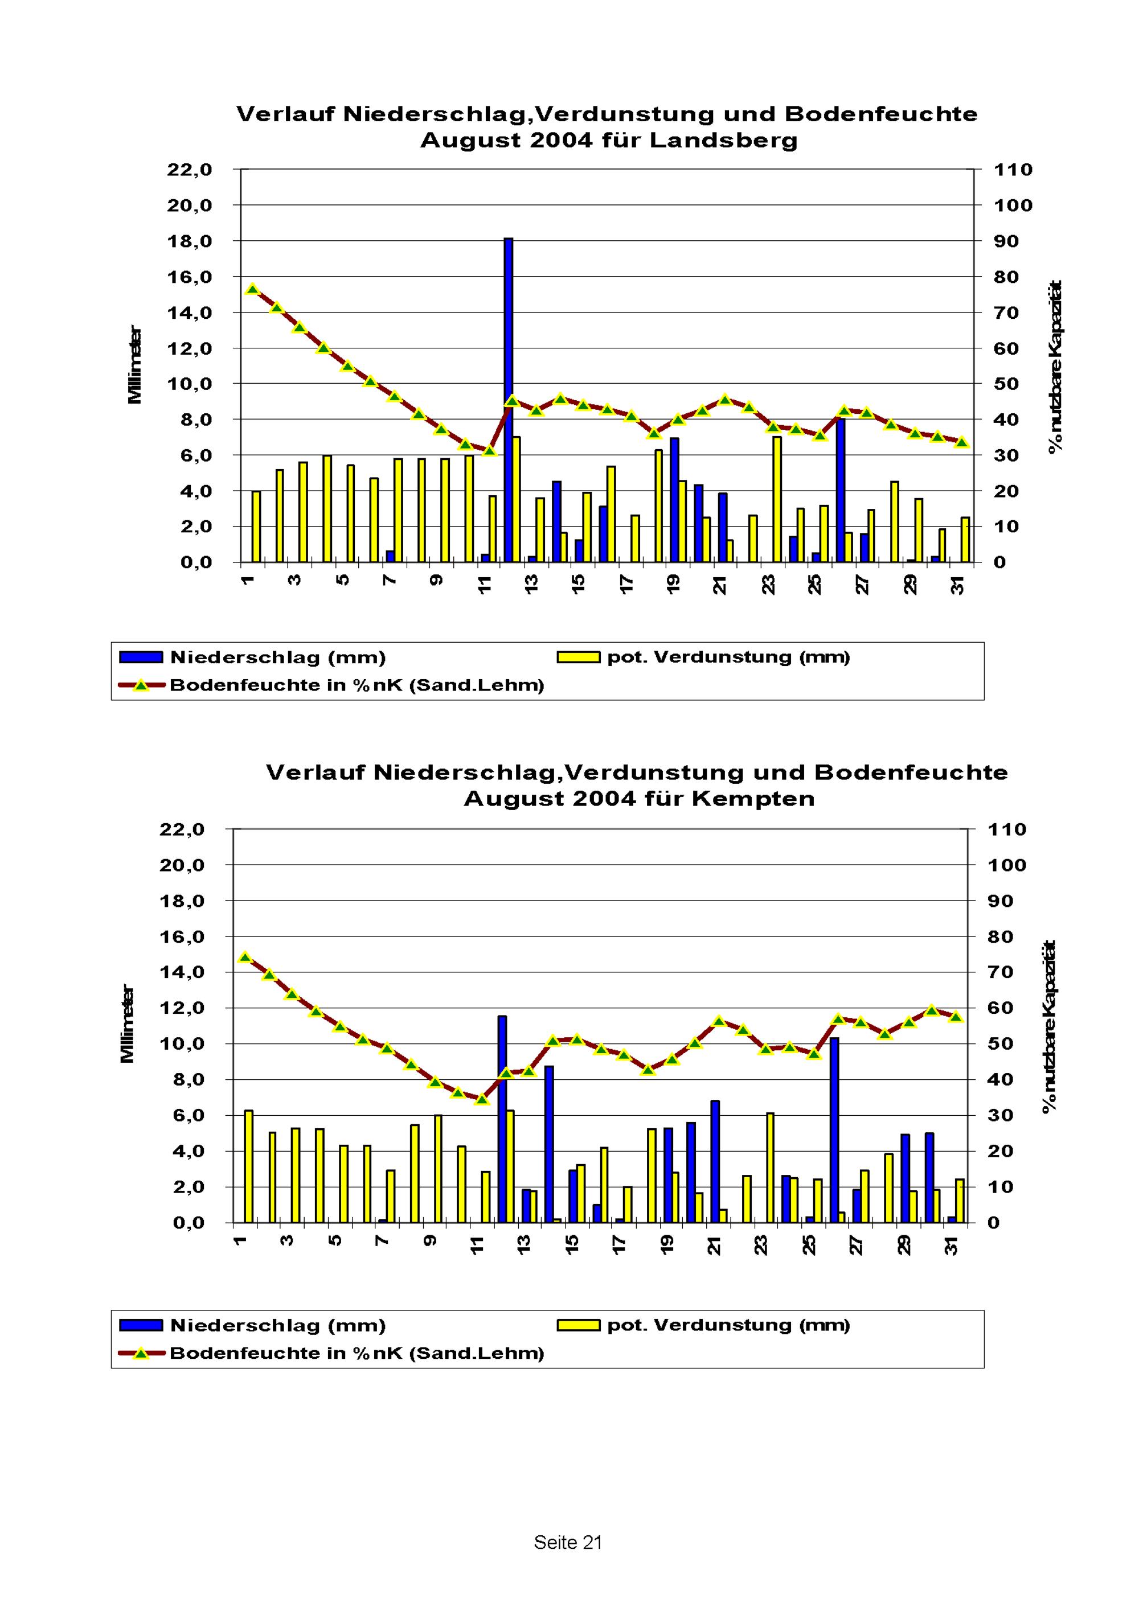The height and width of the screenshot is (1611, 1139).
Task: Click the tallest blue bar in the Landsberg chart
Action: tap(508, 400)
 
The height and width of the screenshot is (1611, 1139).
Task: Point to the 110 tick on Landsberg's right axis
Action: tap(1013, 170)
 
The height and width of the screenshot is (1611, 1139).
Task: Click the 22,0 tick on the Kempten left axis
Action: tap(182, 829)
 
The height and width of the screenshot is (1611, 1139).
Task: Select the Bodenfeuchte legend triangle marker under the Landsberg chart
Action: tap(141, 685)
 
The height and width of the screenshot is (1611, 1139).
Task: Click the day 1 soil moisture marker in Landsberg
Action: tap(253, 289)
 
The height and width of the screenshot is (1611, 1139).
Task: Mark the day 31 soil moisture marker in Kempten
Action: tap(955, 1016)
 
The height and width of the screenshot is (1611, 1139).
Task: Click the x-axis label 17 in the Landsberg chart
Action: tap(626, 584)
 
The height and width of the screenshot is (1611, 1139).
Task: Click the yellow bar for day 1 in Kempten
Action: tap(248, 1166)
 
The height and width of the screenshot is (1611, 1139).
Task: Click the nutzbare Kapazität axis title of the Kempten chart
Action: tap(1049, 1025)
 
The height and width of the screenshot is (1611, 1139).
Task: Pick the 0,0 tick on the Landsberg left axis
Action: tap(196, 563)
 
